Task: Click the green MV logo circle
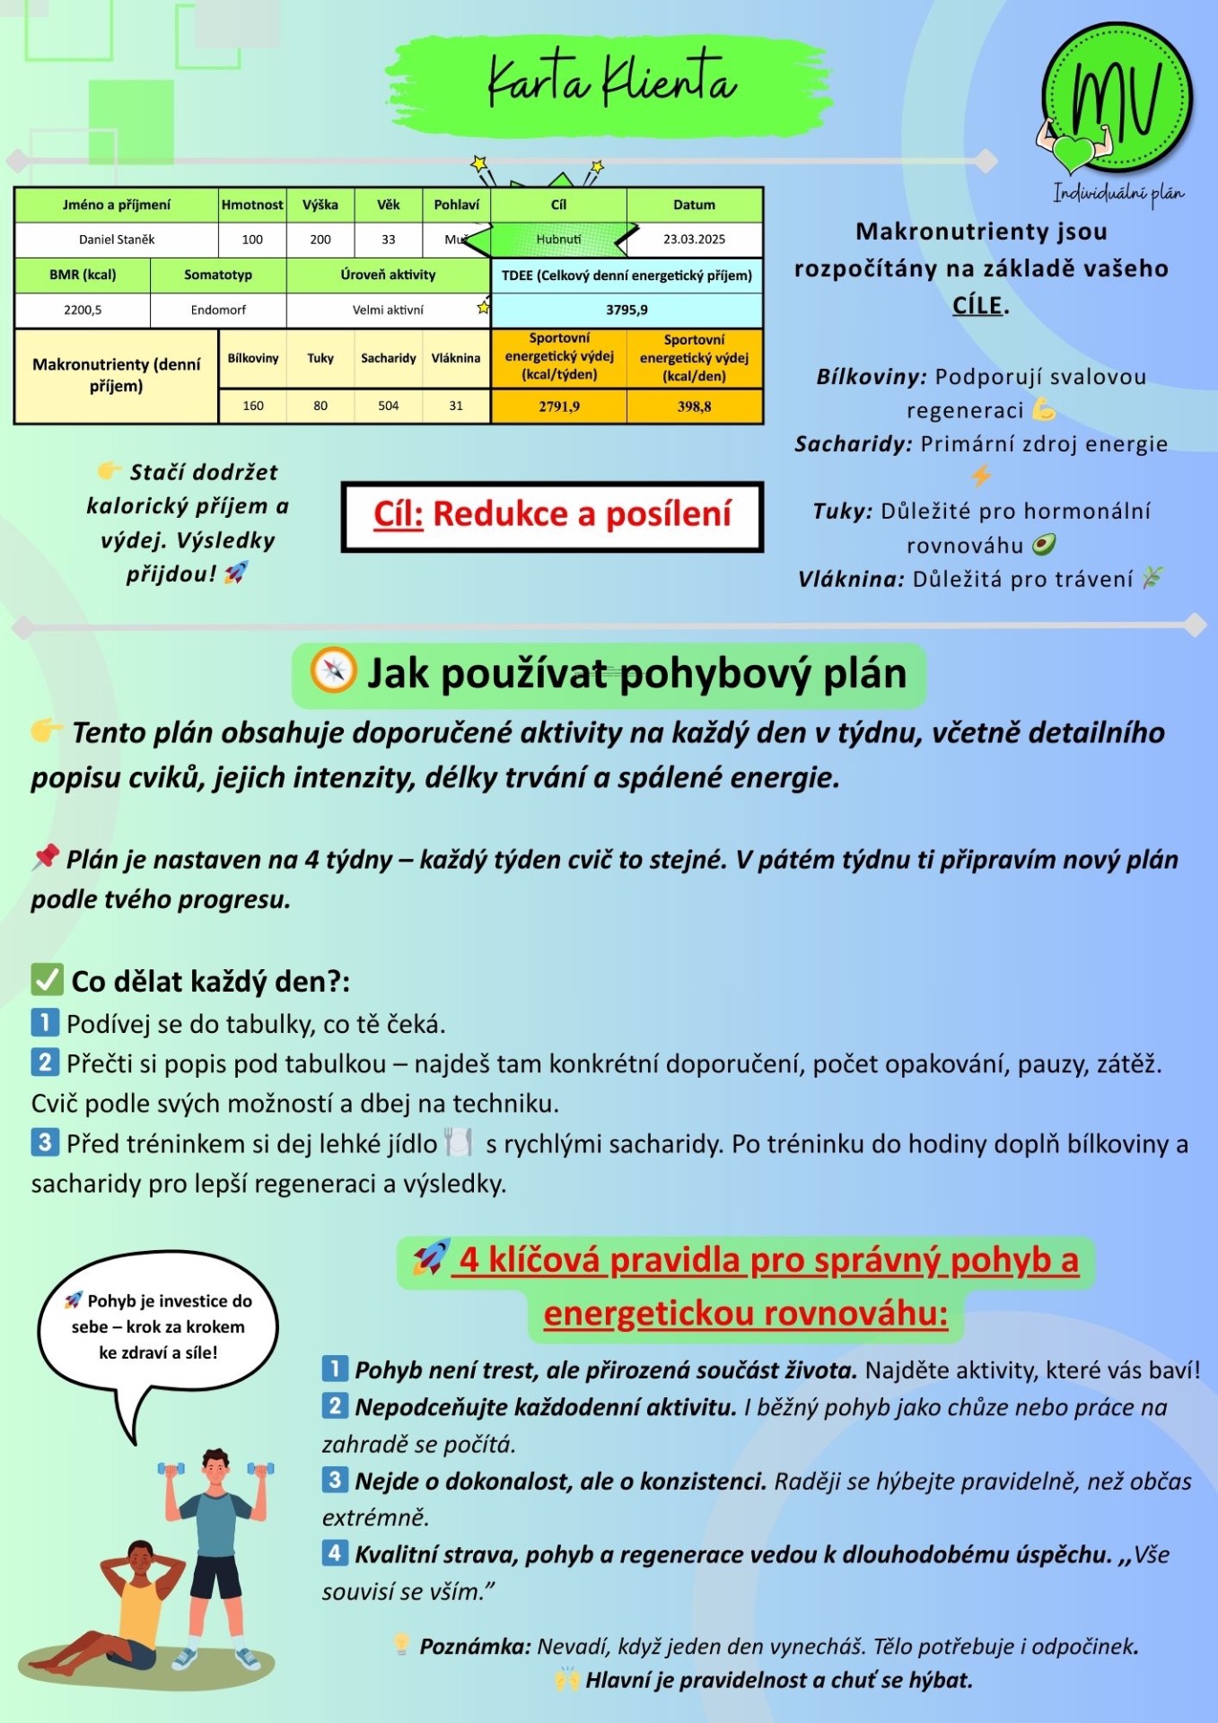coord(1117,99)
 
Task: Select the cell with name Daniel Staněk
coord(117,240)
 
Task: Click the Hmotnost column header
coord(252,205)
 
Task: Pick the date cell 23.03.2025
coord(694,240)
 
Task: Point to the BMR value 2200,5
coord(83,310)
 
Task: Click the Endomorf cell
coord(218,310)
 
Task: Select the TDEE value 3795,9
coord(627,310)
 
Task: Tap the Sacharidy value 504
coord(388,406)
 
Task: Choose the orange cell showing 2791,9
coord(559,407)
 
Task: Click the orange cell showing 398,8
coord(694,407)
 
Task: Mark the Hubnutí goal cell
coord(558,240)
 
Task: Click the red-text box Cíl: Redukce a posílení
coord(552,516)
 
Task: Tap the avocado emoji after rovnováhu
coord(1043,545)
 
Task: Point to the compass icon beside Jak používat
coord(333,670)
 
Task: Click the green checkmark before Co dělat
coord(47,980)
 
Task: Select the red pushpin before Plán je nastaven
coord(45,858)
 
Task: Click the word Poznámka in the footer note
coord(475,1647)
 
